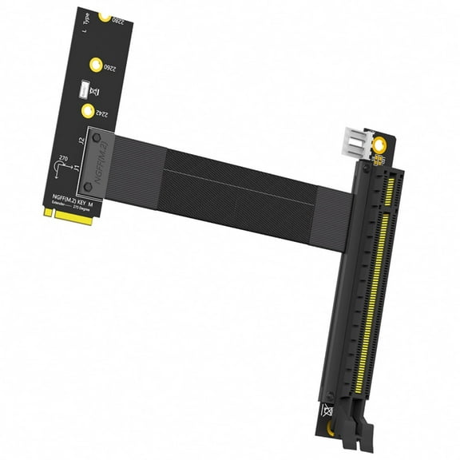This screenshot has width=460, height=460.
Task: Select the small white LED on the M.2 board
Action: pyautogui.click(x=83, y=89)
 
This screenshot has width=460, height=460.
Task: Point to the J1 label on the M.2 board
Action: pyautogui.click(x=76, y=169)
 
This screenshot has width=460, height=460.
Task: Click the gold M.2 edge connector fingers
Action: pyautogui.click(x=67, y=216)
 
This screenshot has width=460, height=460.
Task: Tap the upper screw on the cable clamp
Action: pyautogui.click(x=97, y=139)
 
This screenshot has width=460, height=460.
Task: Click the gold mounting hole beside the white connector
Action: pyautogui.click(x=382, y=145)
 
